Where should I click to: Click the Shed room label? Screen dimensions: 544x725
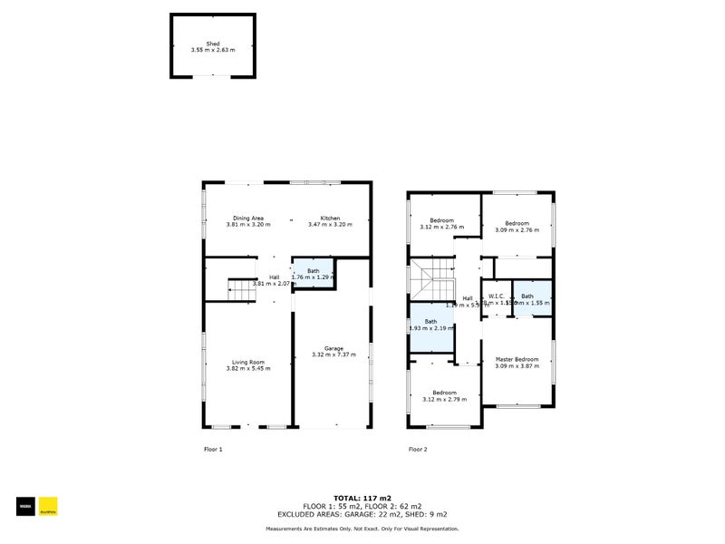(x=212, y=44)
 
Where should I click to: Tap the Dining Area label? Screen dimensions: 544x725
(x=247, y=218)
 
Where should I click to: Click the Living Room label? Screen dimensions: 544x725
(x=247, y=362)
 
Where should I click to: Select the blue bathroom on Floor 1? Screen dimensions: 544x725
(x=313, y=274)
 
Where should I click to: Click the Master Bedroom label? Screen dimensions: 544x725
(x=517, y=359)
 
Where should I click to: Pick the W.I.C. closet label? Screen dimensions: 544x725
(x=496, y=296)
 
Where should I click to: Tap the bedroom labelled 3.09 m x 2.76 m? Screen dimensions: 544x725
(x=517, y=223)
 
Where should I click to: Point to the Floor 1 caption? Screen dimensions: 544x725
(x=213, y=449)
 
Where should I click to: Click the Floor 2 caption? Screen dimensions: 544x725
(x=418, y=449)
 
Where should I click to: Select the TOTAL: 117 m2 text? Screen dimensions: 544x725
(x=362, y=498)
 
